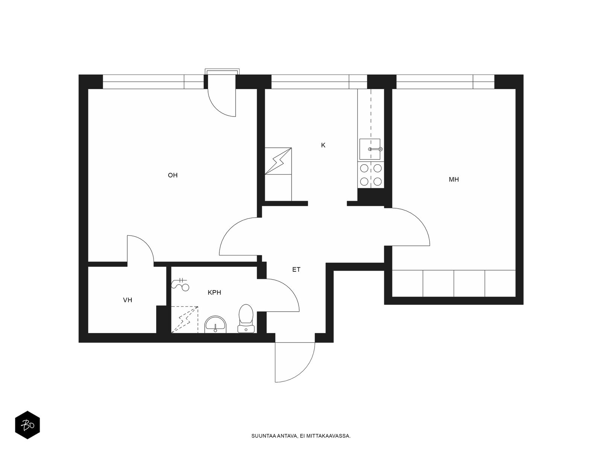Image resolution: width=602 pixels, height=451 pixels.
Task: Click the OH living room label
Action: [x=172, y=175]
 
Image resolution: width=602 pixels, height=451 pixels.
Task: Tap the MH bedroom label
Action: [x=454, y=180]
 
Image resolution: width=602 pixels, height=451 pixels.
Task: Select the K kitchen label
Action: [x=323, y=145]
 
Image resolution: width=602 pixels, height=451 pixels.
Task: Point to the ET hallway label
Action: [x=296, y=270]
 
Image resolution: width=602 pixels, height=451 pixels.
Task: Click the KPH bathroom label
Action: [x=214, y=292]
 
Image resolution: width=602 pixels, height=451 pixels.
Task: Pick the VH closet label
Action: [x=128, y=300]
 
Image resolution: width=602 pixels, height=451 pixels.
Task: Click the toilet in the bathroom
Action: [x=246, y=318]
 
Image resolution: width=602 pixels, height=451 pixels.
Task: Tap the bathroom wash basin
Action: [x=215, y=324]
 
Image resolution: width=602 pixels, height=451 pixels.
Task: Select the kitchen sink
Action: [x=370, y=149]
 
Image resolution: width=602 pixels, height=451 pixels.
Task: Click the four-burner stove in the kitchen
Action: [x=371, y=175]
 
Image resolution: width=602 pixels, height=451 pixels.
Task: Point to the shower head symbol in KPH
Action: [x=180, y=285]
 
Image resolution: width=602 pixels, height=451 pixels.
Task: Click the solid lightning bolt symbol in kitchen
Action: [x=278, y=161]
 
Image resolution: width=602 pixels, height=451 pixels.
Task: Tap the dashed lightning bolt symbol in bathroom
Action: [x=185, y=319]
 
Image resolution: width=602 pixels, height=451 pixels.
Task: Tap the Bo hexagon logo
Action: [x=27, y=425]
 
